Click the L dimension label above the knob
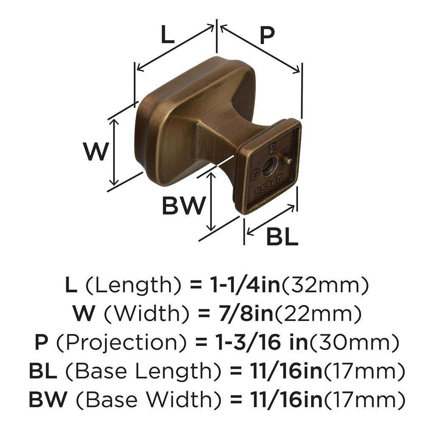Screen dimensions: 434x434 (x=168, y=36)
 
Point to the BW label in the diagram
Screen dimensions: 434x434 (x=184, y=206)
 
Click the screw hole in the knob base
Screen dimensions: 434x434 (x=269, y=165)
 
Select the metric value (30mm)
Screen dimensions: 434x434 (x=354, y=342)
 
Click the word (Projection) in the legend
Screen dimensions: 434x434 (x=116, y=342)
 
